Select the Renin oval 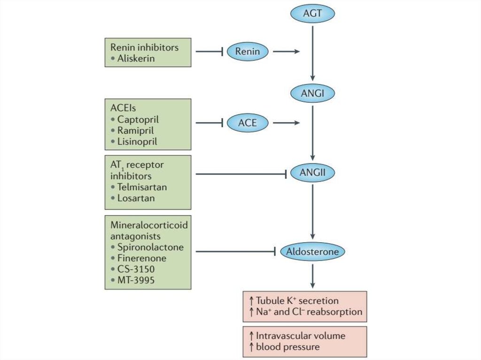(247, 51)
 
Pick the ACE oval (247, 123)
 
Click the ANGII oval (313, 174)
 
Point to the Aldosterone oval (312, 252)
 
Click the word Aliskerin (136, 59)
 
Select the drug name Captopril (138, 119)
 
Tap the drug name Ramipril (136, 130)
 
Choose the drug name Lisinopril (137, 141)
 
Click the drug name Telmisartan (142, 187)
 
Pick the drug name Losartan (136, 198)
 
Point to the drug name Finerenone (141, 258)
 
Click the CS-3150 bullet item (135, 269)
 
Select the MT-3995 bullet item (135, 281)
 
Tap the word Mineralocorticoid (149, 225)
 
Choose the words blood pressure (288, 347)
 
